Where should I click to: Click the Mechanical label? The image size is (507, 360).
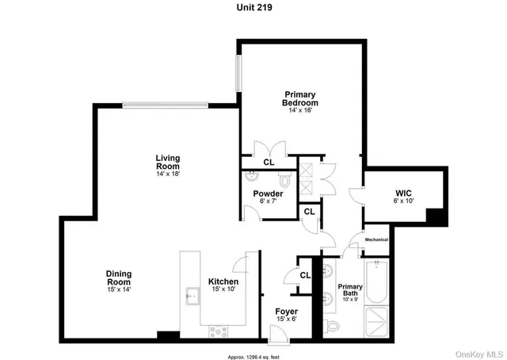pyautogui.click(x=376, y=239)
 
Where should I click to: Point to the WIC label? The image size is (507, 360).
pyautogui.click(x=403, y=193)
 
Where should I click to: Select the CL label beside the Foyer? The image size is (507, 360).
pyautogui.click(x=305, y=275)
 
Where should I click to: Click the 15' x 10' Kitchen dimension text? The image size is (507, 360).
pyautogui.click(x=223, y=290)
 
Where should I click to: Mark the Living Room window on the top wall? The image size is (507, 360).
pyautogui.click(x=166, y=104)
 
